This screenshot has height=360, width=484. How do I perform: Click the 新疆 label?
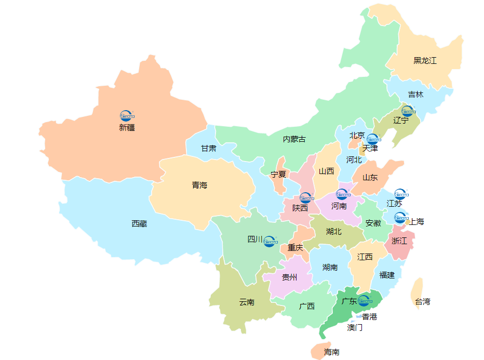coord(127,127)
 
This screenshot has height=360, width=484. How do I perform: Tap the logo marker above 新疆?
coord(127,115)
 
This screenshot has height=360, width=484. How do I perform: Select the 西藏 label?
coord(139,224)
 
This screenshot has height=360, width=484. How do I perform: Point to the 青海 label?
coord(199,185)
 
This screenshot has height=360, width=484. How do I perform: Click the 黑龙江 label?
coord(425,60)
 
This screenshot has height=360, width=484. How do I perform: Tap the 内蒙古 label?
coord(294,139)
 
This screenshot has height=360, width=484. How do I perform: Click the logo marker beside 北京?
coord(372,139)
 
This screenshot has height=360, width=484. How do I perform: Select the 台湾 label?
coord(422,301)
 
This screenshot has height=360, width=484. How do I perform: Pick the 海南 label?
coord(332,352)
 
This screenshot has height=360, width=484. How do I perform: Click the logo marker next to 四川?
coord(270,241)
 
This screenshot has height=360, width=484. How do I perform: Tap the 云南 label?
coord(247,302)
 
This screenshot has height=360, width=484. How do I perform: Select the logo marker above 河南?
coord(342,194)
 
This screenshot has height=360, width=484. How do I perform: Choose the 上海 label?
coord(416,221)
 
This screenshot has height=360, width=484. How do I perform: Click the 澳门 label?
coord(355,327)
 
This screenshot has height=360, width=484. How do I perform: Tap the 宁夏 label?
coord(278,175)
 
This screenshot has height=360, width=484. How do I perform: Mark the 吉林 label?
coord(415,95)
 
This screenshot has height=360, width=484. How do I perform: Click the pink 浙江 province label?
coord(399,241)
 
